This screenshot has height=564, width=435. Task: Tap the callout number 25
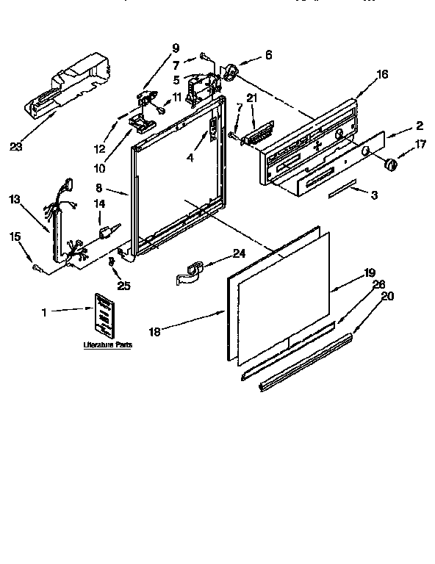tap(124, 286)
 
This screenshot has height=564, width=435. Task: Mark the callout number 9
tap(175, 48)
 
